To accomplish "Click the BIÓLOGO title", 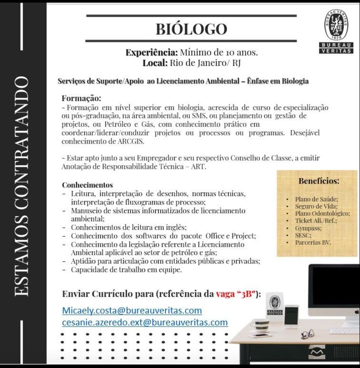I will [191, 29].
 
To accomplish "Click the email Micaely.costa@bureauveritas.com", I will [132, 311].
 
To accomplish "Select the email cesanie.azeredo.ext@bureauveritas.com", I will [145, 322].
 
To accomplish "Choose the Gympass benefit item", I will [308, 228].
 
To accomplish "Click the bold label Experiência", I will [152, 53].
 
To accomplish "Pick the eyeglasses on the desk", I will [307, 333].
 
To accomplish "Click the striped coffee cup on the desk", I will [261, 325].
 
